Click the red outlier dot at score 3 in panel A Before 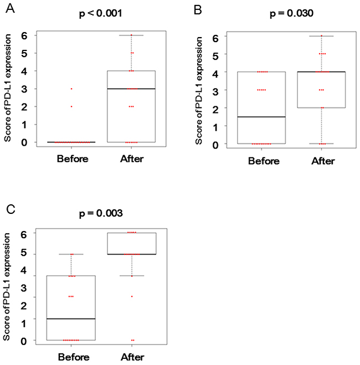pos(71,89)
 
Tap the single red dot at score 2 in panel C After pos(132,297)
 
